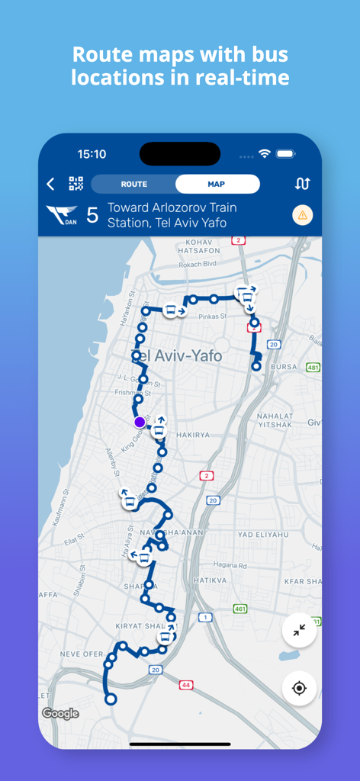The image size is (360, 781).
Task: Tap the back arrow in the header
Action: coord(50,184)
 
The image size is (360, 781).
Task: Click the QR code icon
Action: coord(76,184)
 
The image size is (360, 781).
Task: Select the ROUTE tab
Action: coord(133,184)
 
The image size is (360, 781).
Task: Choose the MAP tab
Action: coord(217,184)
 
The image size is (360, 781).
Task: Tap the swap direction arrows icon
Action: coord(302,184)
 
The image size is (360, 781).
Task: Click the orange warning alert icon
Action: coord(302,215)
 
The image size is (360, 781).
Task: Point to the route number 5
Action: coord(92,215)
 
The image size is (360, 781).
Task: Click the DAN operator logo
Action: coord(61,215)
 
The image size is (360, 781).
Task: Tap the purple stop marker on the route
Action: coord(140,422)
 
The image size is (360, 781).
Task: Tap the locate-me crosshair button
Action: coord(299,688)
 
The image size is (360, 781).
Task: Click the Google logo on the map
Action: coord(60,713)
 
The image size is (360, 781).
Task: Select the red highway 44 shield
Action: coord(185,685)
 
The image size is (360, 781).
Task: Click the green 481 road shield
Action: coord(313,367)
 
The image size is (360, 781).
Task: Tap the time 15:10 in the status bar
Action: coord(92,154)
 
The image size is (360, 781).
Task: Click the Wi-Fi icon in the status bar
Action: coord(264,154)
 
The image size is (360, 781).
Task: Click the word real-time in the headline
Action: coord(242,78)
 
